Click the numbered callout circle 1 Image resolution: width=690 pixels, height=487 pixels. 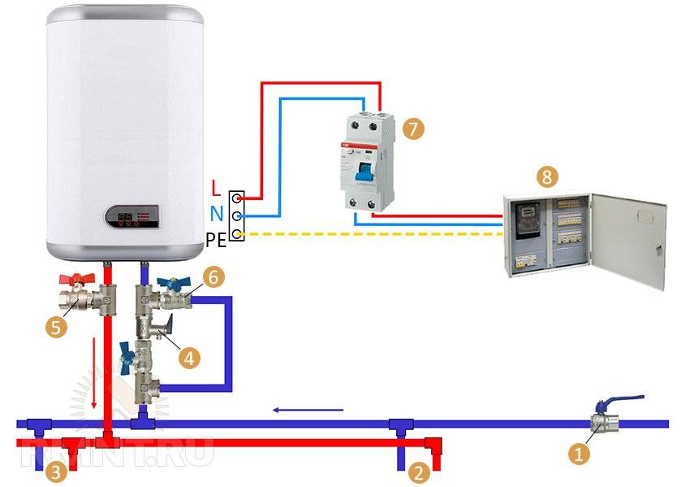coord(578,454)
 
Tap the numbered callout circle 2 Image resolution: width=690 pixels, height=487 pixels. coord(419,471)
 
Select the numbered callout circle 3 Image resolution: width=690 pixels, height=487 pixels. coord(54,471)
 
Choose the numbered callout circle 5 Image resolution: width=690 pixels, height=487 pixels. coord(57,327)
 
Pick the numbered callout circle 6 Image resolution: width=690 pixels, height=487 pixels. coord(212,276)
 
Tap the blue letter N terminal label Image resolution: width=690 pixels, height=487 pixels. coord(215,212)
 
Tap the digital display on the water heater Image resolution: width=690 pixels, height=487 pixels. coord(134,218)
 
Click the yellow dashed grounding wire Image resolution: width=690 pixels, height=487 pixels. coord(373,235)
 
